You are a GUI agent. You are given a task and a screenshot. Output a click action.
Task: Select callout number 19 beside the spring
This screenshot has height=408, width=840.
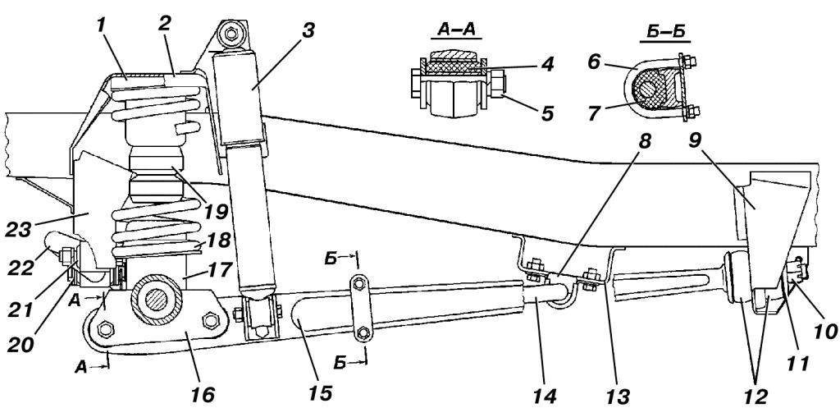[216, 209]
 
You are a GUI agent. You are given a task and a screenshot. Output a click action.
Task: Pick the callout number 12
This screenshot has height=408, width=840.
[755, 396]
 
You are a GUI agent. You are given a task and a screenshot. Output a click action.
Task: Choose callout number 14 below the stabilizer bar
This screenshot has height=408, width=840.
[545, 395]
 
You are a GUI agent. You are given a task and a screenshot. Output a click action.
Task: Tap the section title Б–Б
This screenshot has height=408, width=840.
[664, 33]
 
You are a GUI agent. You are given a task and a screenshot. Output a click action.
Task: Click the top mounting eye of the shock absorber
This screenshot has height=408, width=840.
[231, 34]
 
